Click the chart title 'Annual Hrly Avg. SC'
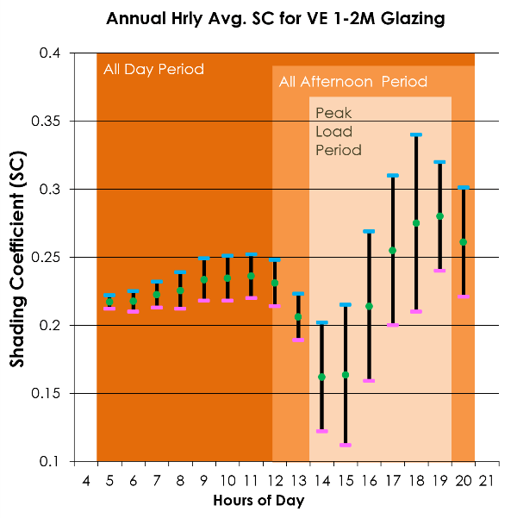(276, 18)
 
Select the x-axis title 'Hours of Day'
(258, 500)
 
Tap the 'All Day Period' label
(153, 69)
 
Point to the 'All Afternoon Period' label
(352, 82)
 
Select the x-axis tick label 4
(85, 479)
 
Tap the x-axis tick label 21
(488, 479)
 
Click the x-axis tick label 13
(298, 479)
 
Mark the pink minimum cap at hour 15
(346, 445)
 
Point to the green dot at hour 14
(322, 377)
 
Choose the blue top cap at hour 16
(369, 231)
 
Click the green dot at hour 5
(109, 302)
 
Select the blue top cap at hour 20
(464, 187)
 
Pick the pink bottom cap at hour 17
(393, 325)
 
